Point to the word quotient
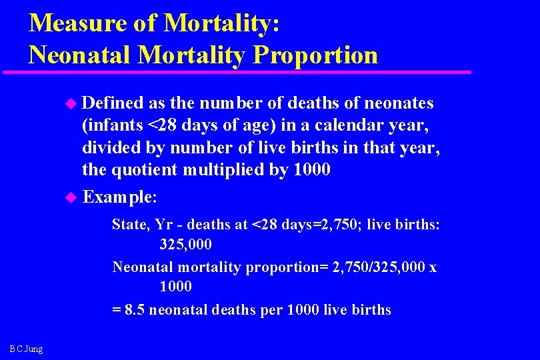tap(145, 169)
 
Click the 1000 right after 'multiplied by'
tap(309, 169)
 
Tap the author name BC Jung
tap(26, 349)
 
